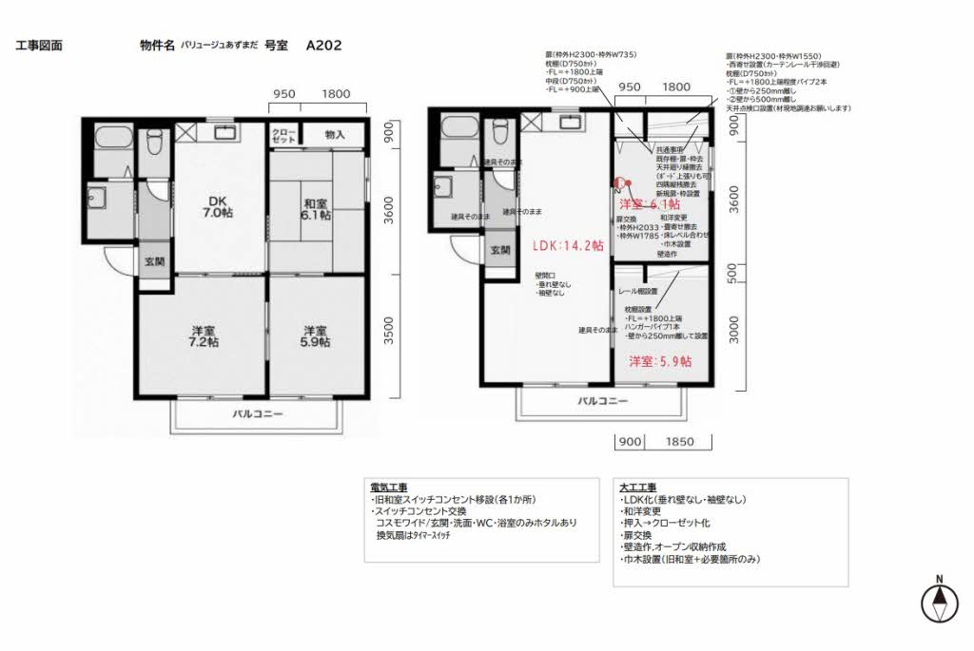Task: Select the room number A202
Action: point(324,45)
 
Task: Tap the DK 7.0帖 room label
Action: point(215,207)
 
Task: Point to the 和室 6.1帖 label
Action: point(316,209)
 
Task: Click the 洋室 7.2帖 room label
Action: point(202,336)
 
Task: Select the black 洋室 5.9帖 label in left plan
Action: point(316,336)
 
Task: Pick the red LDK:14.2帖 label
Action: point(568,244)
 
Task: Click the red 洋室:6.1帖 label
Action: point(650,204)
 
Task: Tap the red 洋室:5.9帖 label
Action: point(660,361)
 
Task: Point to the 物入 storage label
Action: point(335,136)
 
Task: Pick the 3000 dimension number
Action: point(732,332)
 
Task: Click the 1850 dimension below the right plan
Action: point(680,442)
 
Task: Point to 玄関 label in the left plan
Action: point(154,260)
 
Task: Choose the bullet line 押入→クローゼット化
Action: point(667,524)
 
